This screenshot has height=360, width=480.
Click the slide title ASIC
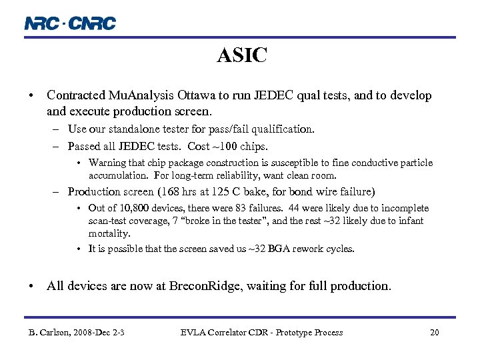pyautogui.click(x=241, y=55)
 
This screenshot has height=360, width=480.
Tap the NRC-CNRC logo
pyautogui.click(x=70, y=23)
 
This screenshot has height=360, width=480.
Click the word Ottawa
pyautogui.click(x=192, y=96)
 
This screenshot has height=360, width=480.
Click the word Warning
pyautogui.click(x=107, y=163)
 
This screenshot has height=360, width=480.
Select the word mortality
pyautogui.click(x=109, y=233)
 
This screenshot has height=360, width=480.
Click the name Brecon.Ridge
pyautogui.click(x=206, y=286)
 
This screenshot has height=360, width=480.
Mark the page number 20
pyautogui.click(x=434, y=332)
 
